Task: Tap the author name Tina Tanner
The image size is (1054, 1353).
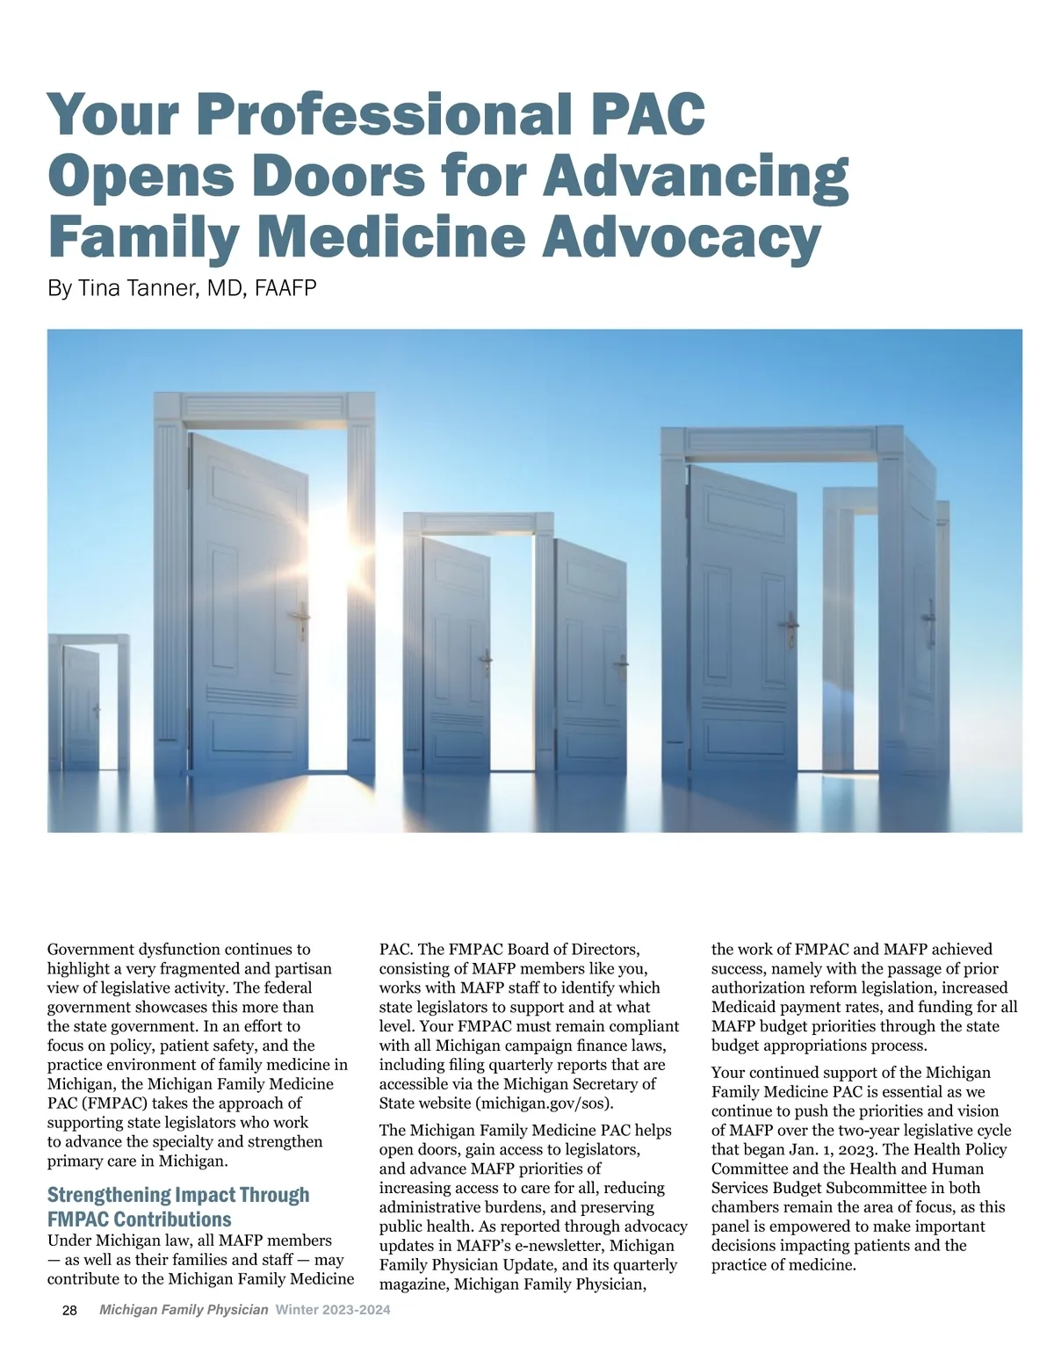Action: click(x=140, y=288)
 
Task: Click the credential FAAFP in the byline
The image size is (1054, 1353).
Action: click(x=285, y=288)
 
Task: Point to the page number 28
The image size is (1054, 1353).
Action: click(x=70, y=1310)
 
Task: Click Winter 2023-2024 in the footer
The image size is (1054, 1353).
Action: click(x=333, y=1310)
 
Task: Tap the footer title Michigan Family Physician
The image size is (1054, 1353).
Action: click(x=184, y=1310)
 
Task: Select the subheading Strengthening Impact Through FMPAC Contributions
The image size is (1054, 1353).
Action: click(x=178, y=1206)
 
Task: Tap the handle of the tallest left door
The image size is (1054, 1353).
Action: click(x=302, y=620)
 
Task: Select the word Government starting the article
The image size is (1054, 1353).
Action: click(x=90, y=950)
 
